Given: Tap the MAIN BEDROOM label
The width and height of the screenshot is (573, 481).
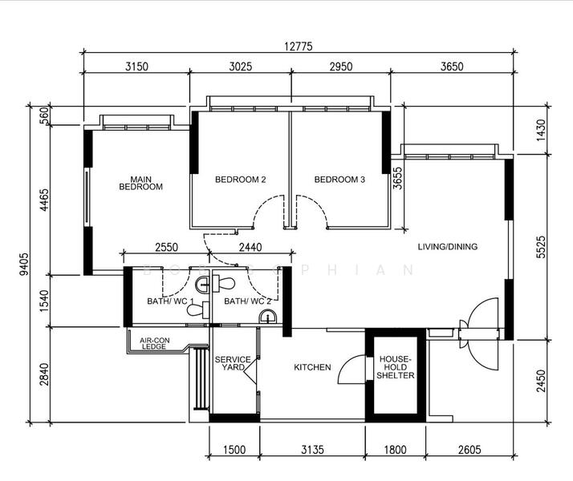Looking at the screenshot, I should click(x=141, y=183).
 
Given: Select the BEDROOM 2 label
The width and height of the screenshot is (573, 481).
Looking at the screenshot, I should click(x=240, y=180).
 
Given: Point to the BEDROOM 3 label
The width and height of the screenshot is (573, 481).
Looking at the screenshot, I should click(x=339, y=180).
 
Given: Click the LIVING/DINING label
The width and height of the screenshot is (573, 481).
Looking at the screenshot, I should click(x=447, y=247).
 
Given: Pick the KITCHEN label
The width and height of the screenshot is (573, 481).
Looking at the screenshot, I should click(x=312, y=367).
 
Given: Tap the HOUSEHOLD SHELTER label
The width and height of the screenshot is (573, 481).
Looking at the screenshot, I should click(x=395, y=368).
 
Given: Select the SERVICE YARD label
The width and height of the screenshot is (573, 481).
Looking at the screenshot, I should click(x=233, y=363).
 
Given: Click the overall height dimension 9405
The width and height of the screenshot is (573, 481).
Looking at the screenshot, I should click(x=24, y=265).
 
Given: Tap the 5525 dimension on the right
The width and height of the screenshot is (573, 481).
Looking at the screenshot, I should click(x=541, y=245).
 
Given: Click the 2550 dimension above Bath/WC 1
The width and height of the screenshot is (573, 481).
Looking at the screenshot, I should click(x=166, y=249).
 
